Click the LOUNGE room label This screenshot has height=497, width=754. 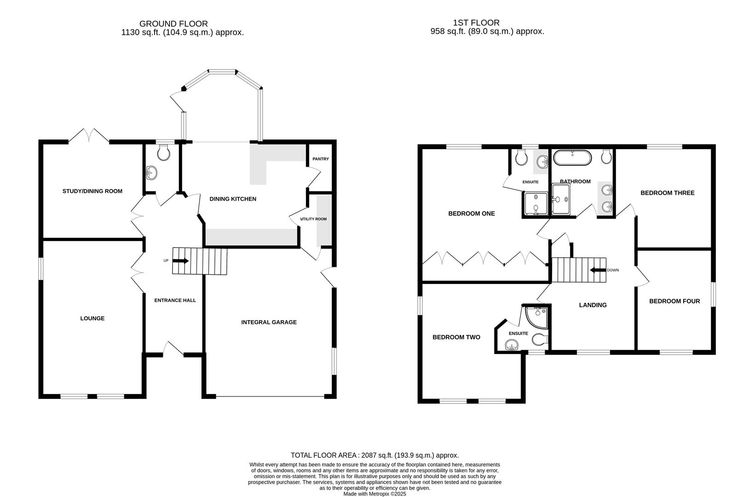92,318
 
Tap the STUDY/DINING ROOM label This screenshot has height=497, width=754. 92,191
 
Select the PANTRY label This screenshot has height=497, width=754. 321,159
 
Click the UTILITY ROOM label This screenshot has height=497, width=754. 314,219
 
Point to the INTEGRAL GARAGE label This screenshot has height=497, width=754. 269,322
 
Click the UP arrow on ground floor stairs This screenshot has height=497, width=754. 181,261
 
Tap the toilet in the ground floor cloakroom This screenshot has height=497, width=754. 163,152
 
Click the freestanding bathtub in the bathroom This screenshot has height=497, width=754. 572,158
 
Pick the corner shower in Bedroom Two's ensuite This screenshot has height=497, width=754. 539,315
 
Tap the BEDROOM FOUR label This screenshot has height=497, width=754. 674,301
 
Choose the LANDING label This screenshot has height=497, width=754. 593,305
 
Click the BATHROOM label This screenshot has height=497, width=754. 575,181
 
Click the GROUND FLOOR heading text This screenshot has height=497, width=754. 173,23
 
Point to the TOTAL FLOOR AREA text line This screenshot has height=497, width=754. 374,455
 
